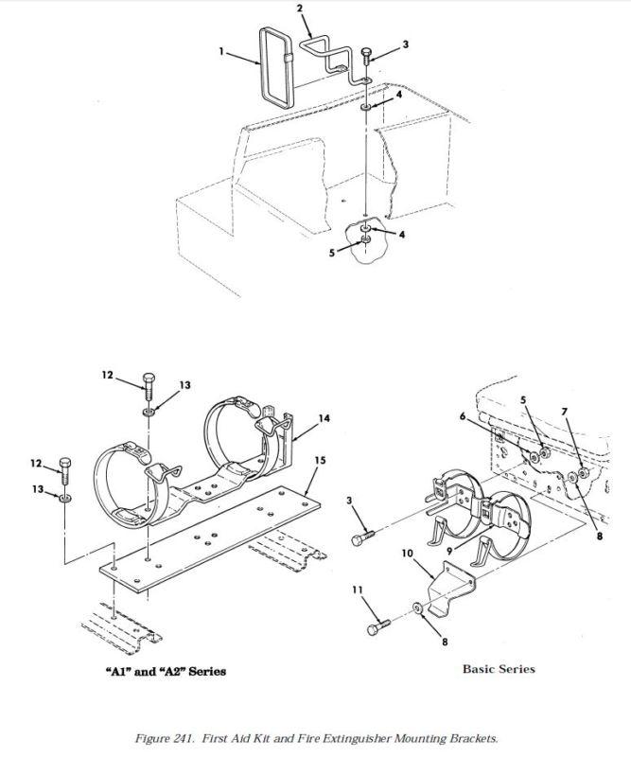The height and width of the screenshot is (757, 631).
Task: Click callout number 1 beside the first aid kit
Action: [221, 51]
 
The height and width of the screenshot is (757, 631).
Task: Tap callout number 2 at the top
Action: [300, 9]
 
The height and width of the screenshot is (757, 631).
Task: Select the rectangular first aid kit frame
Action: [276, 67]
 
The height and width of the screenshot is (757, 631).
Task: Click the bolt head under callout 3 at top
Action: [366, 52]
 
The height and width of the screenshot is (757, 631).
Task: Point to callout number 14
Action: [324, 418]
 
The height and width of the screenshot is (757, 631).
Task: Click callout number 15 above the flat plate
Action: [320, 461]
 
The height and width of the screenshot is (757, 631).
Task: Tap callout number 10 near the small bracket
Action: [408, 553]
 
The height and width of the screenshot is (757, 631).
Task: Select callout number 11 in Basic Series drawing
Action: [358, 590]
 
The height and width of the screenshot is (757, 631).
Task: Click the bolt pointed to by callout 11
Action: [378, 627]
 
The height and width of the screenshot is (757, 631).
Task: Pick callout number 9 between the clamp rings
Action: [449, 550]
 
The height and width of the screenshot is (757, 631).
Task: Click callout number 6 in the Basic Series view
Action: [462, 416]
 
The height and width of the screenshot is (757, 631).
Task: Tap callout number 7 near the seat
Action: [564, 412]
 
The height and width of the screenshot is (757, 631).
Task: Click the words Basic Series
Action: [499, 669]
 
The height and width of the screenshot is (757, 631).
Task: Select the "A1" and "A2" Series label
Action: [166, 671]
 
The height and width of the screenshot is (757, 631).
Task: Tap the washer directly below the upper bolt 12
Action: [149, 412]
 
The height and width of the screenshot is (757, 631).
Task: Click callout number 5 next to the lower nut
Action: [332, 253]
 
